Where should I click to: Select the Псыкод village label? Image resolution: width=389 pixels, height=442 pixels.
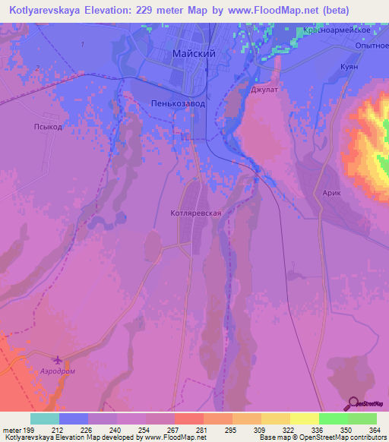click(x=47, y=127)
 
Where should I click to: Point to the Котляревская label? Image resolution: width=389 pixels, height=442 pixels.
click(x=196, y=213)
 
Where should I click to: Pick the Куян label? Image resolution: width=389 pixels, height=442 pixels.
click(x=349, y=68)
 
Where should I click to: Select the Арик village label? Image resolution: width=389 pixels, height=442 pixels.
click(x=332, y=194)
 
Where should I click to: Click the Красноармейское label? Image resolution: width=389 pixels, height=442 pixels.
click(x=336, y=31)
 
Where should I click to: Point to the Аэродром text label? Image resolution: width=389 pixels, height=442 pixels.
click(x=58, y=372)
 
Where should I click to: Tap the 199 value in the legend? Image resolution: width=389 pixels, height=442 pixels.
click(x=31, y=430)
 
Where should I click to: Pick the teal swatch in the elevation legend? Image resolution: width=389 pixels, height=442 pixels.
click(x=45, y=418)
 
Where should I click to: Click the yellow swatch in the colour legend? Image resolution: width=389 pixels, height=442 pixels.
click(x=304, y=418)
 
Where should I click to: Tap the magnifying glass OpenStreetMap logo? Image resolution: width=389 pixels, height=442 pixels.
click(x=353, y=403)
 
